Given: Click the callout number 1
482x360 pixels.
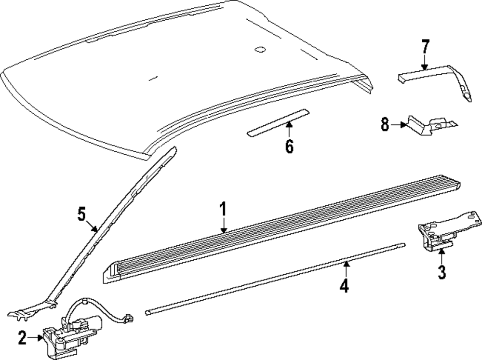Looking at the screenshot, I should tap(223, 211).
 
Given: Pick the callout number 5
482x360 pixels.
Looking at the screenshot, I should tap(82, 213).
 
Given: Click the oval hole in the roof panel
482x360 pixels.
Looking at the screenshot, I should tap(260, 49).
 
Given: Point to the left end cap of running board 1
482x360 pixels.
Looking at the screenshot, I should tap(112, 273).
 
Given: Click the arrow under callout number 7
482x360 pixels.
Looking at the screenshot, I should tap(425, 63).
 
